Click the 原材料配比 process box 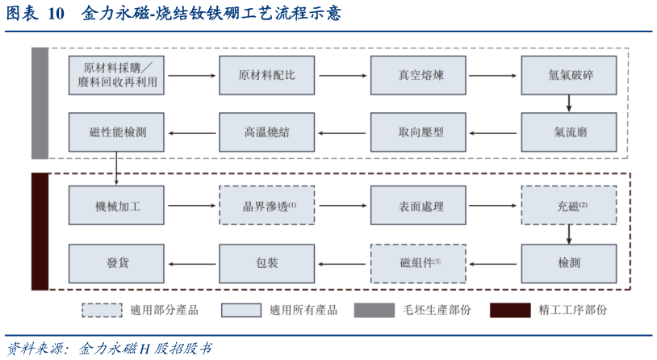pos(266,75)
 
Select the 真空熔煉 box pos(417,75)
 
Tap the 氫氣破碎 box pos(569,75)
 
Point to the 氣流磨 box pos(569,132)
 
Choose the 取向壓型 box pos(417,132)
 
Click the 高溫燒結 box pos(266,132)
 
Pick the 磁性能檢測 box pos(117,132)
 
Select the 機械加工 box pos(117,206)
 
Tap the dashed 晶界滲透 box pos(266,206)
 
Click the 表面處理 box pos(417,206)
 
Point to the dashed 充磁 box pos(569,206)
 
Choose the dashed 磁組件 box pos(417,262)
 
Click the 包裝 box pos(266,262)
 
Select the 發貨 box pos(117,262)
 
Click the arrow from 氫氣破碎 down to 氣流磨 pos(569,103)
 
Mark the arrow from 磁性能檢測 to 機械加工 pos(117,168)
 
